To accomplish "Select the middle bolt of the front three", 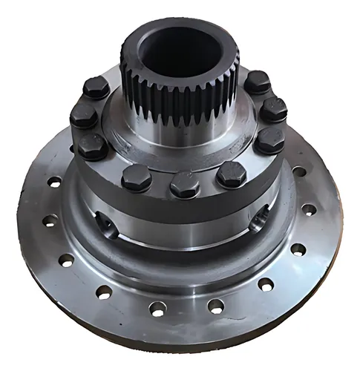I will tap(185, 184).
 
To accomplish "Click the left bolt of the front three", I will tap(137, 177).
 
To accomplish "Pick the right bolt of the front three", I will tap(232, 174).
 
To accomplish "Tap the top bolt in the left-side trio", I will tap(96, 88).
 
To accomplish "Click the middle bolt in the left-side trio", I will tap(83, 116).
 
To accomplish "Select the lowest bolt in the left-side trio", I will tap(92, 145).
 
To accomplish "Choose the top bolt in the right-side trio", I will tap(258, 82).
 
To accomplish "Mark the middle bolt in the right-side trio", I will tap(273, 110).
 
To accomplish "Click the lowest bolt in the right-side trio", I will tap(269, 139).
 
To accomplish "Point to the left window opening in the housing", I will tap(106, 223).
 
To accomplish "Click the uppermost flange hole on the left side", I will tap(54, 181).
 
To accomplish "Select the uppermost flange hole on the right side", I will tap(299, 171).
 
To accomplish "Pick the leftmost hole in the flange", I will tap(50, 220).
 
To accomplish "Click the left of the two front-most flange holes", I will tap(157, 308).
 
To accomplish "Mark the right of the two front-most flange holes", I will tap(216, 305).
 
